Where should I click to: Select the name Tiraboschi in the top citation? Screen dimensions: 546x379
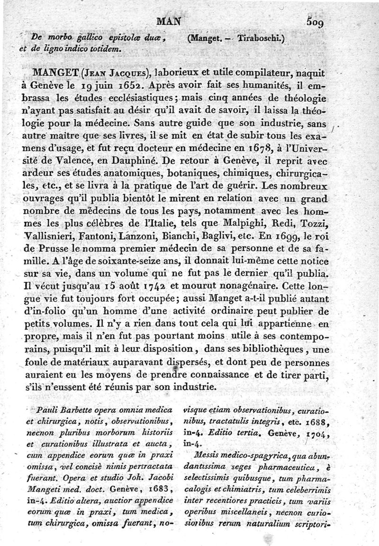click(x=257, y=39)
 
